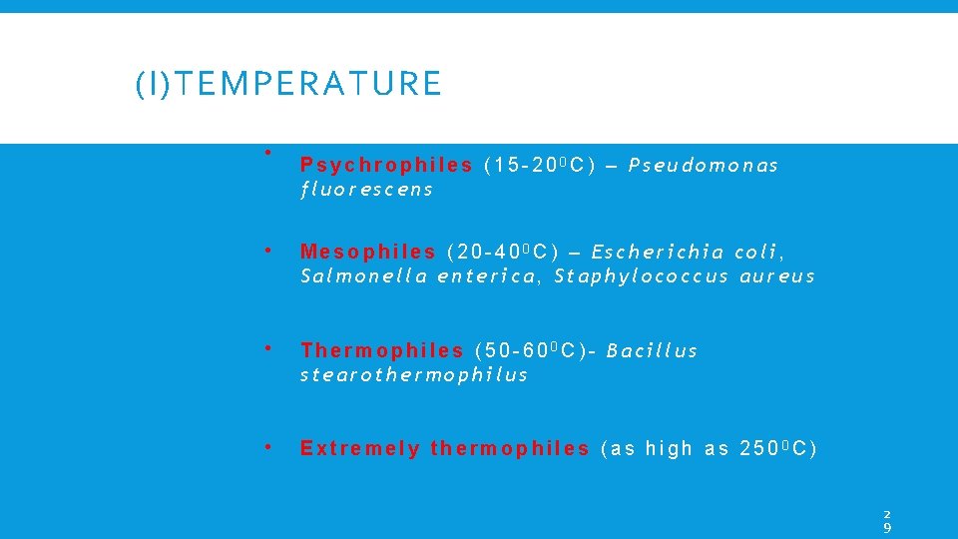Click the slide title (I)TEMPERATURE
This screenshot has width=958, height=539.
click(x=288, y=84)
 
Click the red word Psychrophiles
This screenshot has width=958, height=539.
click(x=386, y=165)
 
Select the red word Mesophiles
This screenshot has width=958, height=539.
click(x=368, y=252)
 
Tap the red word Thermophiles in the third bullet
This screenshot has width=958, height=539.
click(x=382, y=350)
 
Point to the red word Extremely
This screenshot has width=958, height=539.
click(x=360, y=448)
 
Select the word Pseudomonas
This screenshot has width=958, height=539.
click(x=704, y=165)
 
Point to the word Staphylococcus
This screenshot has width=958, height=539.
click(x=642, y=275)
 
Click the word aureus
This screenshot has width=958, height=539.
click(x=777, y=275)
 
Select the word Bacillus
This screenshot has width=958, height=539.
click(x=652, y=350)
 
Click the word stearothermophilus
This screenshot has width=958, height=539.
click(x=414, y=374)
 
